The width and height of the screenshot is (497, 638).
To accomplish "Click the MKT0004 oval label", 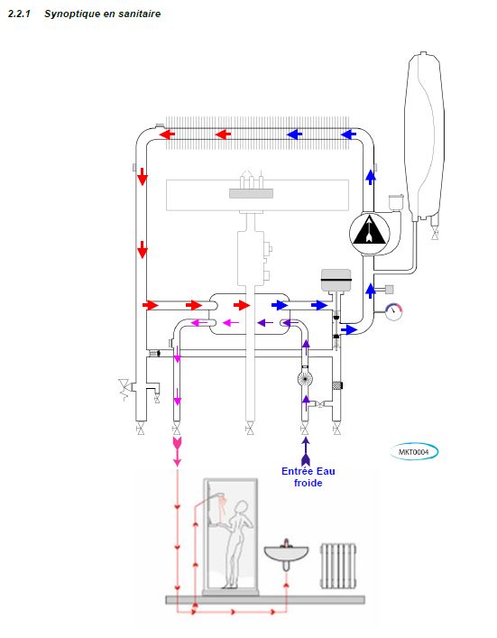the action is coord(414,451).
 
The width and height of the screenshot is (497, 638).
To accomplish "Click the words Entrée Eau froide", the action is coord(308,476).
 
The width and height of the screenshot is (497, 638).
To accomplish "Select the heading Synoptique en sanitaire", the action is coord(103,14).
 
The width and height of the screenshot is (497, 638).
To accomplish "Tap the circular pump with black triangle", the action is coord(369,233).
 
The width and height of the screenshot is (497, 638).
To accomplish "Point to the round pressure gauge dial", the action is coord(393,311).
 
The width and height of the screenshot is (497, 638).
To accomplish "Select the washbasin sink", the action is coord(286,555).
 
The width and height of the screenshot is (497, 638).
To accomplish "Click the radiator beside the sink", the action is coord(338,566).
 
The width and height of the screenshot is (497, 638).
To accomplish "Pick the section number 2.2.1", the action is coord(19,14).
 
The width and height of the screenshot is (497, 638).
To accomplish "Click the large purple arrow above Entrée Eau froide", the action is coord(306,451).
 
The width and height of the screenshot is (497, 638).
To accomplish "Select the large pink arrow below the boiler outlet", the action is coord(177,451).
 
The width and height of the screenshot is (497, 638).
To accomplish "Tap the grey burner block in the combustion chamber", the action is coord(251,194).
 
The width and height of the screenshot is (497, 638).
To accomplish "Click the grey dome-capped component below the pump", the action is coord(336,280).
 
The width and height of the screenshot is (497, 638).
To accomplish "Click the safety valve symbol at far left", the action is coord(124,390).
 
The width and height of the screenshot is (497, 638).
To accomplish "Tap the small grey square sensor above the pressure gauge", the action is coord(389,290).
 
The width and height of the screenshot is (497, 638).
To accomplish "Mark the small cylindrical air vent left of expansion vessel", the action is coord(395,202).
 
